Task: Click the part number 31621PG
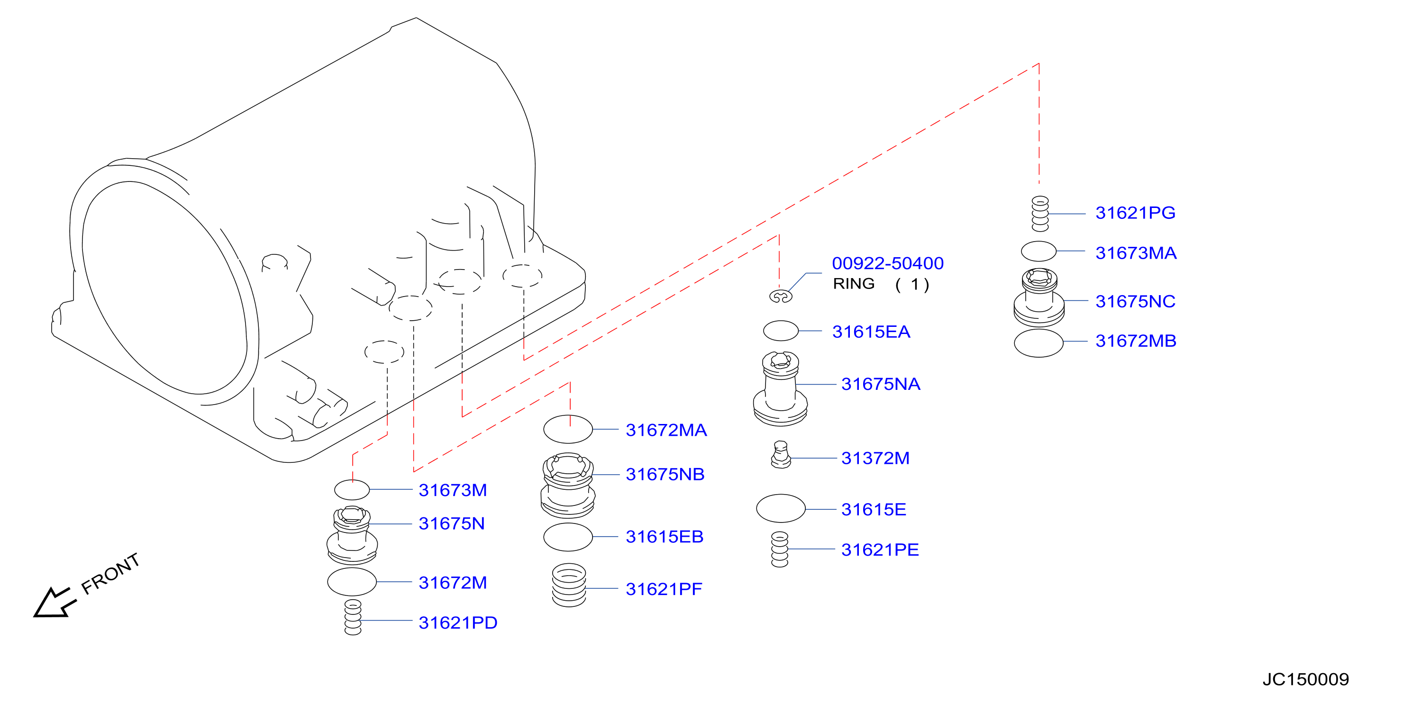point(1135,213)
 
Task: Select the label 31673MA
point(1136,253)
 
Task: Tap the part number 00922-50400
point(888,263)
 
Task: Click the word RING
point(854,284)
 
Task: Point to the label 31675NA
point(881,385)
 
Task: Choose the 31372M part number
point(875,459)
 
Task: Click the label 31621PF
point(664,589)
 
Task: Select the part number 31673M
point(453,491)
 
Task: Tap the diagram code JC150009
point(1305,680)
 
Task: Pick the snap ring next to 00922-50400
point(781,296)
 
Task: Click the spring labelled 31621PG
point(1040,214)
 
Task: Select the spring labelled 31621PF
point(569,586)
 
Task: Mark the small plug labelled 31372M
point(781,455)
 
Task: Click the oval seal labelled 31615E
point(781,509)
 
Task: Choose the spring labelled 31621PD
point(353,618)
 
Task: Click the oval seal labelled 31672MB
point(1039,343)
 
